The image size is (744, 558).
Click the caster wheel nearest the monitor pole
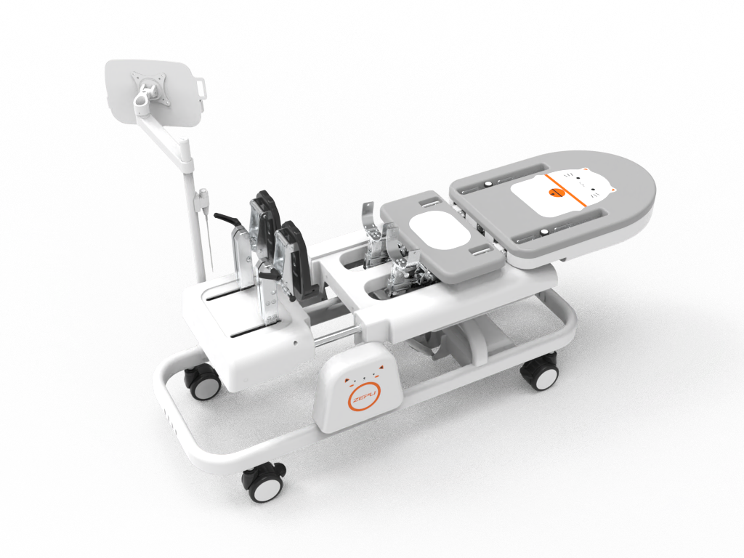tap(203, 382)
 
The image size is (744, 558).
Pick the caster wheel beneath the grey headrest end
tap(540, 371)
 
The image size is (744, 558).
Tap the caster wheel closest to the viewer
tap(264, 482)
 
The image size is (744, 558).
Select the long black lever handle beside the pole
tap(228, 219)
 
